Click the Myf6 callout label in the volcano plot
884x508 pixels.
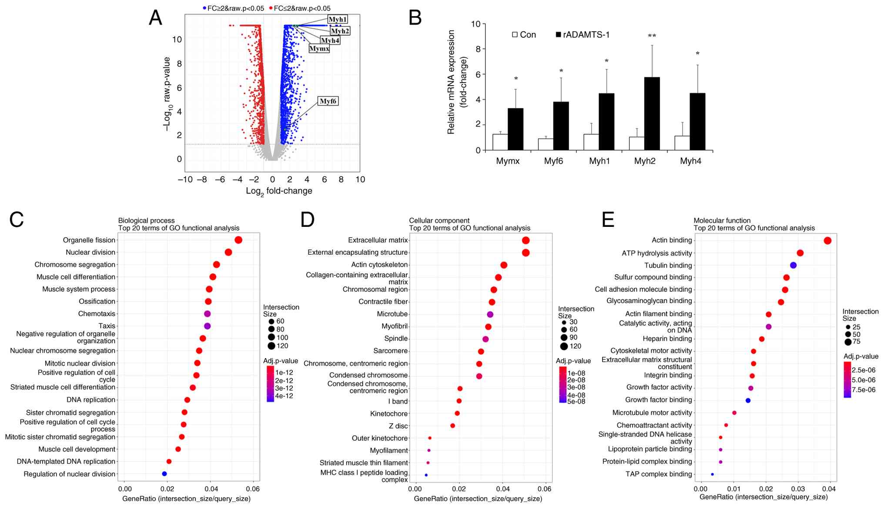[x=328, y=101]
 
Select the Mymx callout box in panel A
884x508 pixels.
[x=319, y=49]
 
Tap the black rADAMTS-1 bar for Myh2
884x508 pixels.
[x=652, y=114]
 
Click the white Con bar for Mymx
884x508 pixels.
[x=500, y=142]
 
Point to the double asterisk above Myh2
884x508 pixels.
[x=652, y=36]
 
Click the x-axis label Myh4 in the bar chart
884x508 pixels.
[x=690, y=161]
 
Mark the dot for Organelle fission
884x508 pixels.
[x=238, y=240]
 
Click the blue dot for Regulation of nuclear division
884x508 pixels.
[x=164, y=474]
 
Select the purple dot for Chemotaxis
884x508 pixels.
[x=207, y=314]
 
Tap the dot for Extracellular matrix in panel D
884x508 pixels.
[x=526, y=240]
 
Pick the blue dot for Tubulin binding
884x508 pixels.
[x=793, y=265]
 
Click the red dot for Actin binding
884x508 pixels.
[x=827, y=240]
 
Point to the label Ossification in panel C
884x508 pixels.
[x=97, y=302]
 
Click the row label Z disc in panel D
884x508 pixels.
[x=398, y=426]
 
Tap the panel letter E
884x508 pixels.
[x=608, y=220]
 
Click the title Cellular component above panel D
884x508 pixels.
[x=439, y=221]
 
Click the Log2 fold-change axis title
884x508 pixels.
[x=279, y=191]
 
